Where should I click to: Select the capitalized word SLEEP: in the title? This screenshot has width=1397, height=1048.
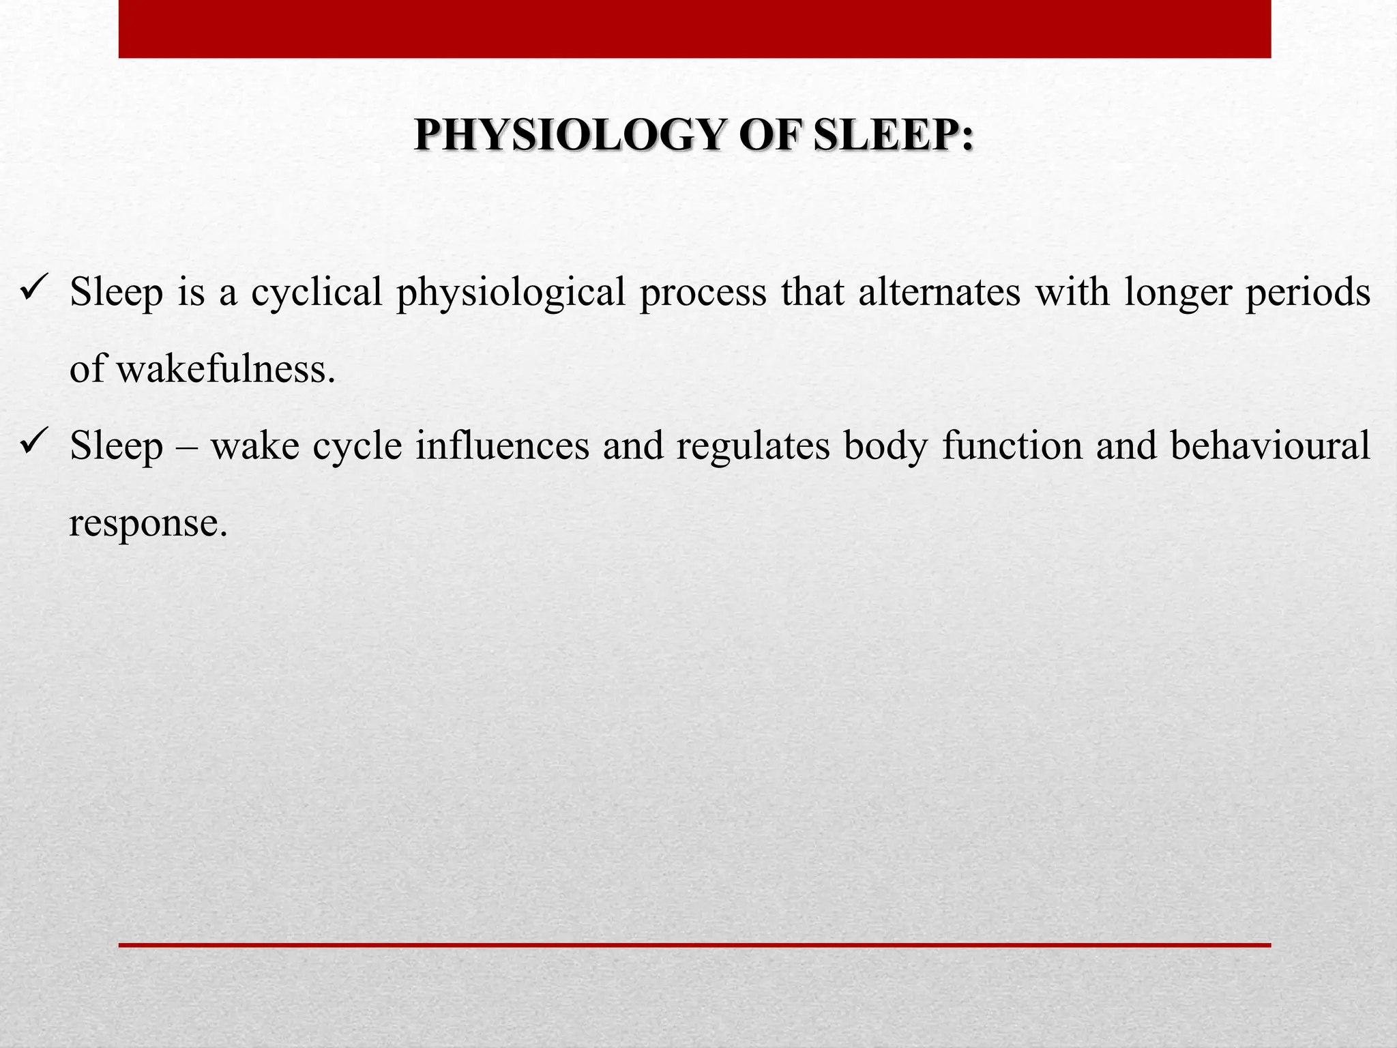(894, 135)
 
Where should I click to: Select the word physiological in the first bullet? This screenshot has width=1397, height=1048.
(511, 293)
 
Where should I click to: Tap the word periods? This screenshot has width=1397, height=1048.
(1308, 293)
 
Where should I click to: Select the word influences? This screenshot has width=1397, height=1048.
(503, 446)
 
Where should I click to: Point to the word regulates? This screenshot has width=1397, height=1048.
(753, 448)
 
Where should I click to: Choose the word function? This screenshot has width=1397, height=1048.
(1012, 446)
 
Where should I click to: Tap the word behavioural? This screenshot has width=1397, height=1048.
(1270, 446)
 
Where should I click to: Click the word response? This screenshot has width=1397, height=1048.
(148, 524)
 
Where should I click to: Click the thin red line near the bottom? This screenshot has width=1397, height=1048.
(694, 945)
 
